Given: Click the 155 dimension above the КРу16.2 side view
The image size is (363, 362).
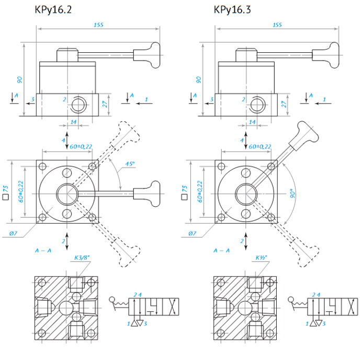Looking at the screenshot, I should [98, 25].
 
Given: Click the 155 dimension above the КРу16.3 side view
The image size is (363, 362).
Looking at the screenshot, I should [277, 25].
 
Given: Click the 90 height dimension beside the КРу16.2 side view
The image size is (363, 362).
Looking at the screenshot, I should [19, 80].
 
